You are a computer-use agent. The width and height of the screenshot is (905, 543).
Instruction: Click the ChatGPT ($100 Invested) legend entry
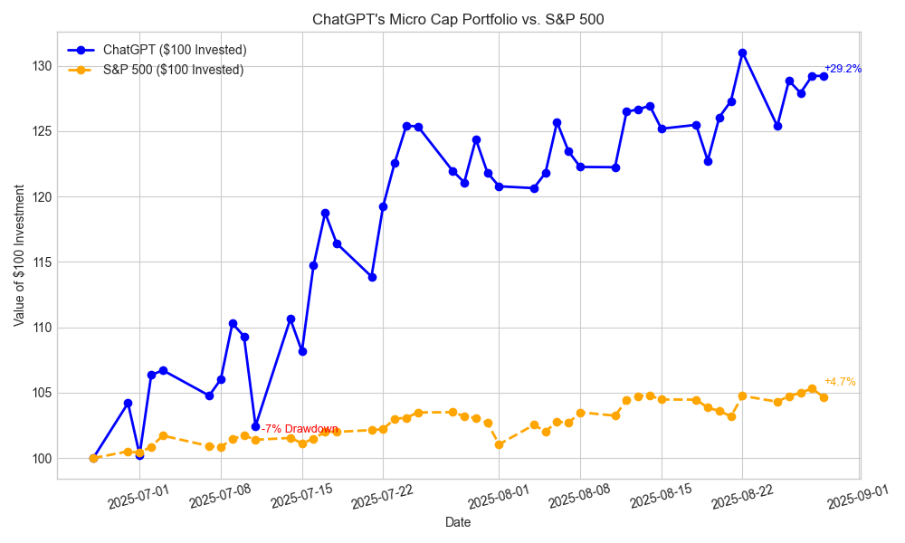[175, 50]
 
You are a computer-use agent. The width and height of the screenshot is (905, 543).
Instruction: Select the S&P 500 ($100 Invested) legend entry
[173, 70]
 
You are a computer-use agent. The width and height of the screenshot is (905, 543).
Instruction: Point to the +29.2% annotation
[842, 69]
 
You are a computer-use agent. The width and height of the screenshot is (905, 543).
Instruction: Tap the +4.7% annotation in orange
[839, 382]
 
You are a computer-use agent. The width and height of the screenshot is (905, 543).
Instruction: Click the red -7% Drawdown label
[300, 429]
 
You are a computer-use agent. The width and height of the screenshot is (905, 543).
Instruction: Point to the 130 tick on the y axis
[41, 66]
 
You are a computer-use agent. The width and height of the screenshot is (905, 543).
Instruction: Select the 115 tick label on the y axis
[41, 262]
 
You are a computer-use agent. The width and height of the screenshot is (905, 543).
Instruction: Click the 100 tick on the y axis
[41, 459]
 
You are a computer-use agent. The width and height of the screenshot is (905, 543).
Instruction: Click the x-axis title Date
[458, 522]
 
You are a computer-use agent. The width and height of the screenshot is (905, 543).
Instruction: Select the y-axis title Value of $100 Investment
[19, 254]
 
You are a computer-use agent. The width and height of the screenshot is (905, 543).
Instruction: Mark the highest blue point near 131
[742, 52]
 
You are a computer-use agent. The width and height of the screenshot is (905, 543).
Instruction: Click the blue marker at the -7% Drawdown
[255, 426]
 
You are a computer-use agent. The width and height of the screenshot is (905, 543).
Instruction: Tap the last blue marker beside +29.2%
[824, 76]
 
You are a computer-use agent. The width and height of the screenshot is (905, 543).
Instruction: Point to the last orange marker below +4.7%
[824, 397]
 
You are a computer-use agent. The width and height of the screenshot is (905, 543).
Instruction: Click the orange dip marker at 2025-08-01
[499, 444]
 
